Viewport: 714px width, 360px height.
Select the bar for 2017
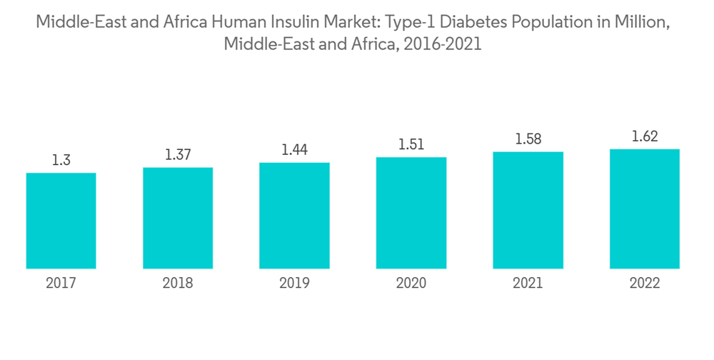click(61, 221)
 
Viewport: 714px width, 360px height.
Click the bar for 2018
click(178, 218)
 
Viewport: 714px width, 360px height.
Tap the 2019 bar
click(294, 216)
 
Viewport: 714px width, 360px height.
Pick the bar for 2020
click(411, 213)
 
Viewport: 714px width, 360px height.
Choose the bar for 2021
click(528, 210)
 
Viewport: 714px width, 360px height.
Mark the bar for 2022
click(645, 209)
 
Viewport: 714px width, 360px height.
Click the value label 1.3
click(61, 161)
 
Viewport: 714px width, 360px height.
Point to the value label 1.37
click(178, 155)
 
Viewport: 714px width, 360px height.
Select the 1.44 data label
click(294, 150)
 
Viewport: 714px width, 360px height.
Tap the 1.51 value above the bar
click(411, 145)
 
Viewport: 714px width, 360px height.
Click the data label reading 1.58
click(528, 139)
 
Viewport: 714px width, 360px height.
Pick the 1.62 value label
click(645, 136)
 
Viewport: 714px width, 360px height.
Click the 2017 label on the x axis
click(61, 284)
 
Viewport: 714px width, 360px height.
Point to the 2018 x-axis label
click(178, 284)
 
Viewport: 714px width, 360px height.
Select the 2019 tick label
click(294, 284)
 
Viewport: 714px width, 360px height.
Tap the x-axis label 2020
click(411, 284)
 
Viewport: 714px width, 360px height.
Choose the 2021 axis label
click(528, 284)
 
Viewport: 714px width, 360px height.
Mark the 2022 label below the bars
click(645, 284)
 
